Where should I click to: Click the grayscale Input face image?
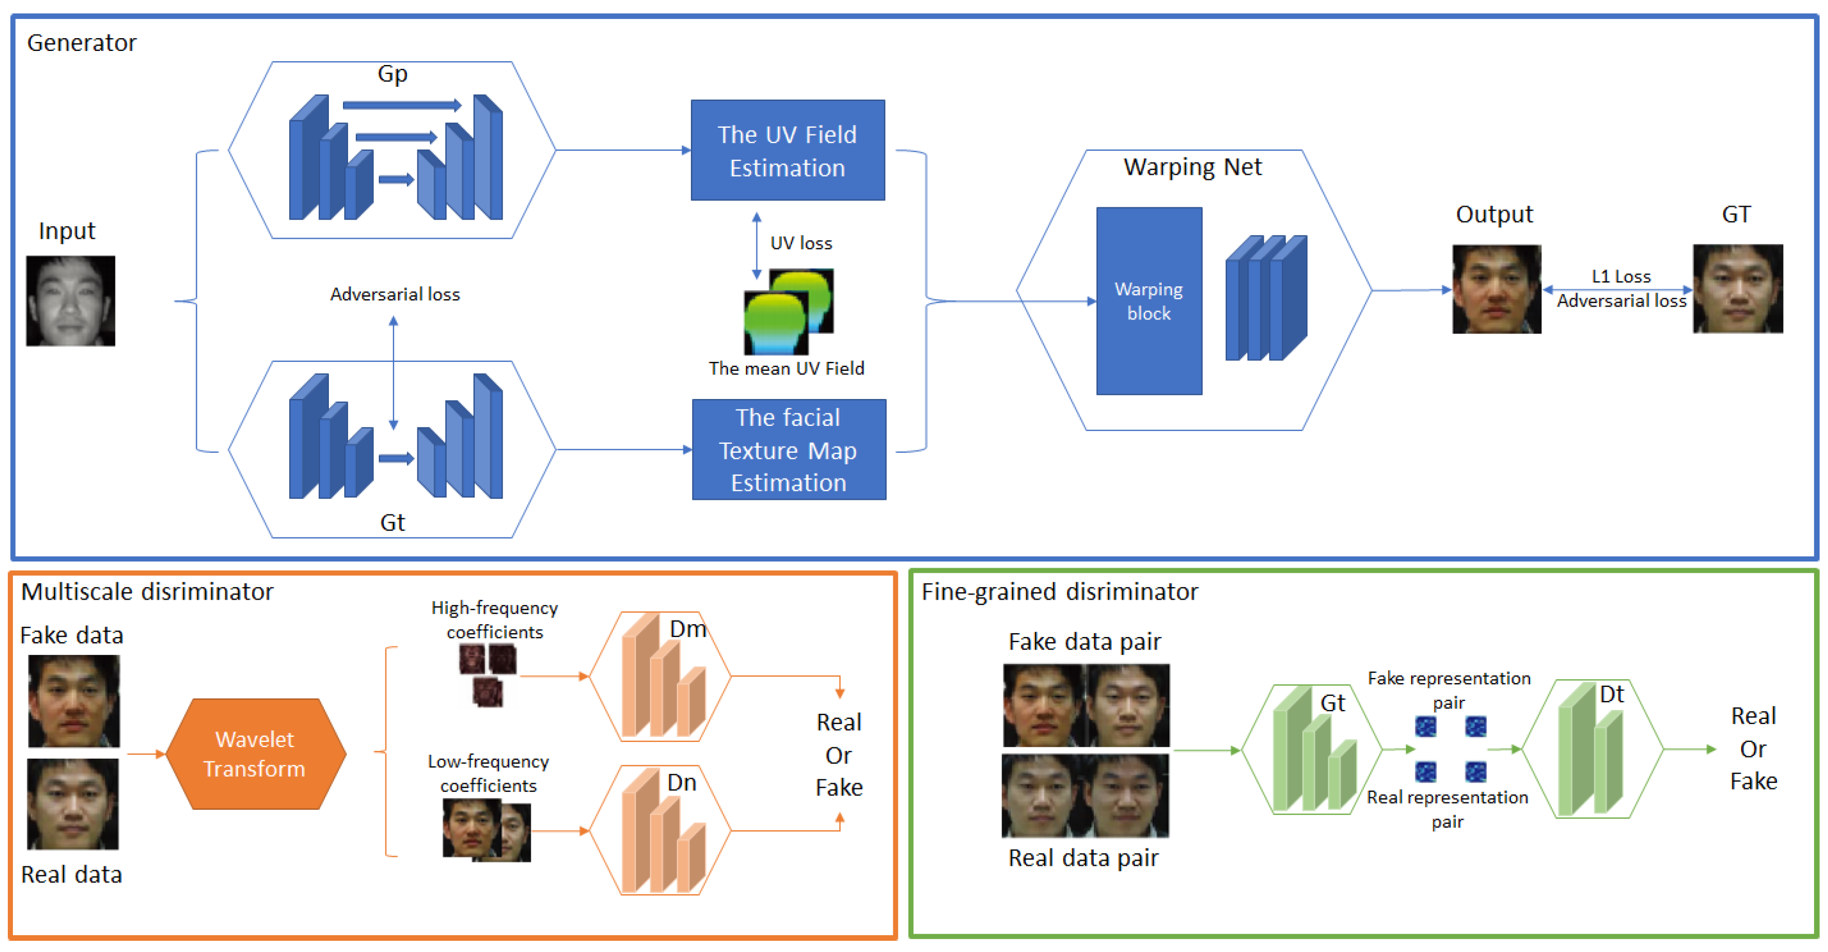tap(70, 301)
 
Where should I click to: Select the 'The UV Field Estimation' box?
tap(788, 150)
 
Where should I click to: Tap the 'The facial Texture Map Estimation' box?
tap(788, 450)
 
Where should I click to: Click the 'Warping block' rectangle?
tap(1149, 301)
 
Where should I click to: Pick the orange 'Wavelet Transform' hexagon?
tap(256, 754)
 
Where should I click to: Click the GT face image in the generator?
tap(1738, 289)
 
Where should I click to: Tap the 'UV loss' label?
tap(801, 243)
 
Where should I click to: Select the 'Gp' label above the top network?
tap(392, 75)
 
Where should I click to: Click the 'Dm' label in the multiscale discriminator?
tap(688, 629)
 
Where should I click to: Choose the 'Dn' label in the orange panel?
tap(681, 782)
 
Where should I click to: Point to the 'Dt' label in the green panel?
tap(1612, 694)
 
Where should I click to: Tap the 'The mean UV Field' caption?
tap(786, 368)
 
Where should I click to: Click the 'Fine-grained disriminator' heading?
tap(1060, 592)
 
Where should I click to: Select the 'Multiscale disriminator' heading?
tap(147, 592)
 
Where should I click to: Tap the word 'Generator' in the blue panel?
tap(82, 43)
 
